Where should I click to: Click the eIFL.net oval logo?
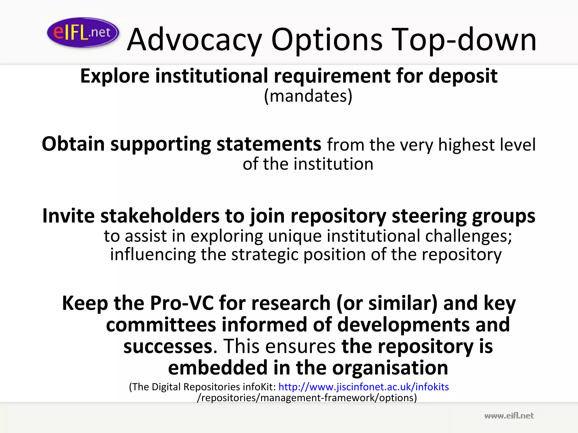[x=83, y=32]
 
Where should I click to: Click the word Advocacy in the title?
[x=194, y=40]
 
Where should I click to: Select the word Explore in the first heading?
[x=115, y=76]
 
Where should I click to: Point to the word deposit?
[x=463, y=76]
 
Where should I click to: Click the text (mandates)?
[x=308, y=96]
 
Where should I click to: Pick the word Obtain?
[x=73, y=144]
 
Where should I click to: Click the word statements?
[x=268, y=144]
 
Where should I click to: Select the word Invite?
[x=69, y=216]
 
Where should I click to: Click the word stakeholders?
[x=160, y=216]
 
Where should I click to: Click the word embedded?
[x=218, y=368]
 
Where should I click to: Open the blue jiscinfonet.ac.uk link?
[x=364, y=387]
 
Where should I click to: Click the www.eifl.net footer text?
[x=509, y=416]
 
